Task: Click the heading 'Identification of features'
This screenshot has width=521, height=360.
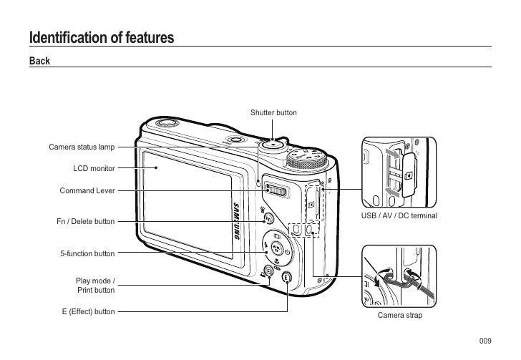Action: (101, 37)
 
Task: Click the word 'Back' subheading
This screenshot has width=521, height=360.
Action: (39, 61)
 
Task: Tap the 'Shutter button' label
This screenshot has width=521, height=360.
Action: (273, 113)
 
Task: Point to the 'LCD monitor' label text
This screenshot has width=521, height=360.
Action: (94, 169)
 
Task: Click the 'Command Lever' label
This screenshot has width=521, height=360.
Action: (87, 191)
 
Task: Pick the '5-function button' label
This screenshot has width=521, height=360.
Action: (87, 254)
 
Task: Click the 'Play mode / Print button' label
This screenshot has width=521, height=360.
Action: (95, 286)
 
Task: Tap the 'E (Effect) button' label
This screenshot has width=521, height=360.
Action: (88, 312)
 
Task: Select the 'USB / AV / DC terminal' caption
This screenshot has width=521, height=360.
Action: (399, 215)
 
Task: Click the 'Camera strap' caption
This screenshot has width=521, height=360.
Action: (399, 316)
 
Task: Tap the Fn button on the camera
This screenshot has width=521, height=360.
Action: (268, 219)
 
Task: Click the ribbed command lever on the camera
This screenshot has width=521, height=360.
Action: (276, 190)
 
